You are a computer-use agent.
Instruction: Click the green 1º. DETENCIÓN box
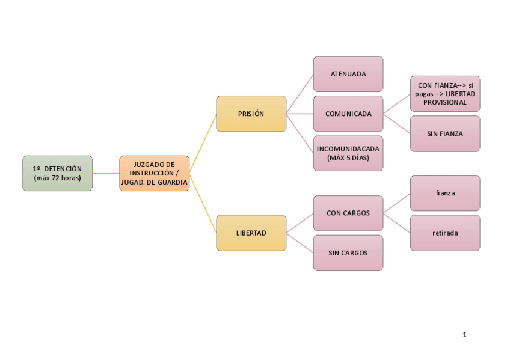(57, 173)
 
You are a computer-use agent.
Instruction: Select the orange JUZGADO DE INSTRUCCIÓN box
(154, 173)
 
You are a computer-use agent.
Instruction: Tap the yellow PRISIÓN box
(251, 114)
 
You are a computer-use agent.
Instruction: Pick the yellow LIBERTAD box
(251, 233)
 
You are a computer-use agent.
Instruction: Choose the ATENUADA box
(348, 74)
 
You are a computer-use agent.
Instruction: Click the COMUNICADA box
(348, 114)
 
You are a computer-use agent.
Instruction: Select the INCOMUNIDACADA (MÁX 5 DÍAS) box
(348, 153)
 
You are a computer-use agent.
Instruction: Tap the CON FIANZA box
(445, 94)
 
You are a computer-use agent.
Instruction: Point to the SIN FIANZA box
(445, 133)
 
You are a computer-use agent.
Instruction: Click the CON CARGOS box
(348, 213)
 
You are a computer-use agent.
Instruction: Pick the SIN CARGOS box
(348, 252)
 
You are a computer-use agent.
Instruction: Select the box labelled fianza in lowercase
(445, 193)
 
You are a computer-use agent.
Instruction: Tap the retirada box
(445, 233)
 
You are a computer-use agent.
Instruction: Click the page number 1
(465, 335)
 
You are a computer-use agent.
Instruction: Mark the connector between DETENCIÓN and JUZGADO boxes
(106, 173)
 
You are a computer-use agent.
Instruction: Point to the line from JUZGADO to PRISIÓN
(203, 143)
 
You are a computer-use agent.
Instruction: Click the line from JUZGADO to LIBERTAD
(203, 203)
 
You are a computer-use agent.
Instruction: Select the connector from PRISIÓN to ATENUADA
(300, 94)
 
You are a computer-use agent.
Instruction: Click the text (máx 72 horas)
(57, 178)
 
